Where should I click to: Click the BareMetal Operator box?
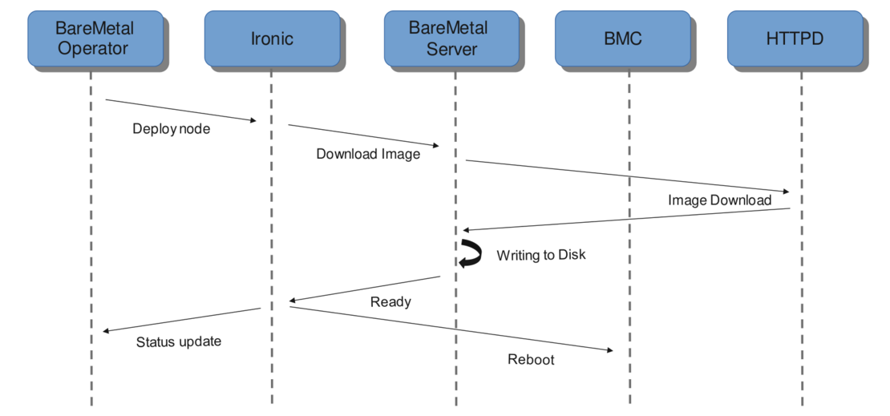95,38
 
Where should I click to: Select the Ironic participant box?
271,38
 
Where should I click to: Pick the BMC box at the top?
623,38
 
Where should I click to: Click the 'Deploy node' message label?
172,128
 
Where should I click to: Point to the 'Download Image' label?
368,154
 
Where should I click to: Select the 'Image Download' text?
719,200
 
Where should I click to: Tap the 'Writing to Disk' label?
541,255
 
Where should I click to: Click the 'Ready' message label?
390,301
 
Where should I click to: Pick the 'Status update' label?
178,341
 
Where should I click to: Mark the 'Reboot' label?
531,359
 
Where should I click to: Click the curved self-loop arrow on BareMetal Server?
469,254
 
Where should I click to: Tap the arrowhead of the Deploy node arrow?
253,120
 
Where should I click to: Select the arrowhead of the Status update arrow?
107,330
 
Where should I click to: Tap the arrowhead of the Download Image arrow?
435,145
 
